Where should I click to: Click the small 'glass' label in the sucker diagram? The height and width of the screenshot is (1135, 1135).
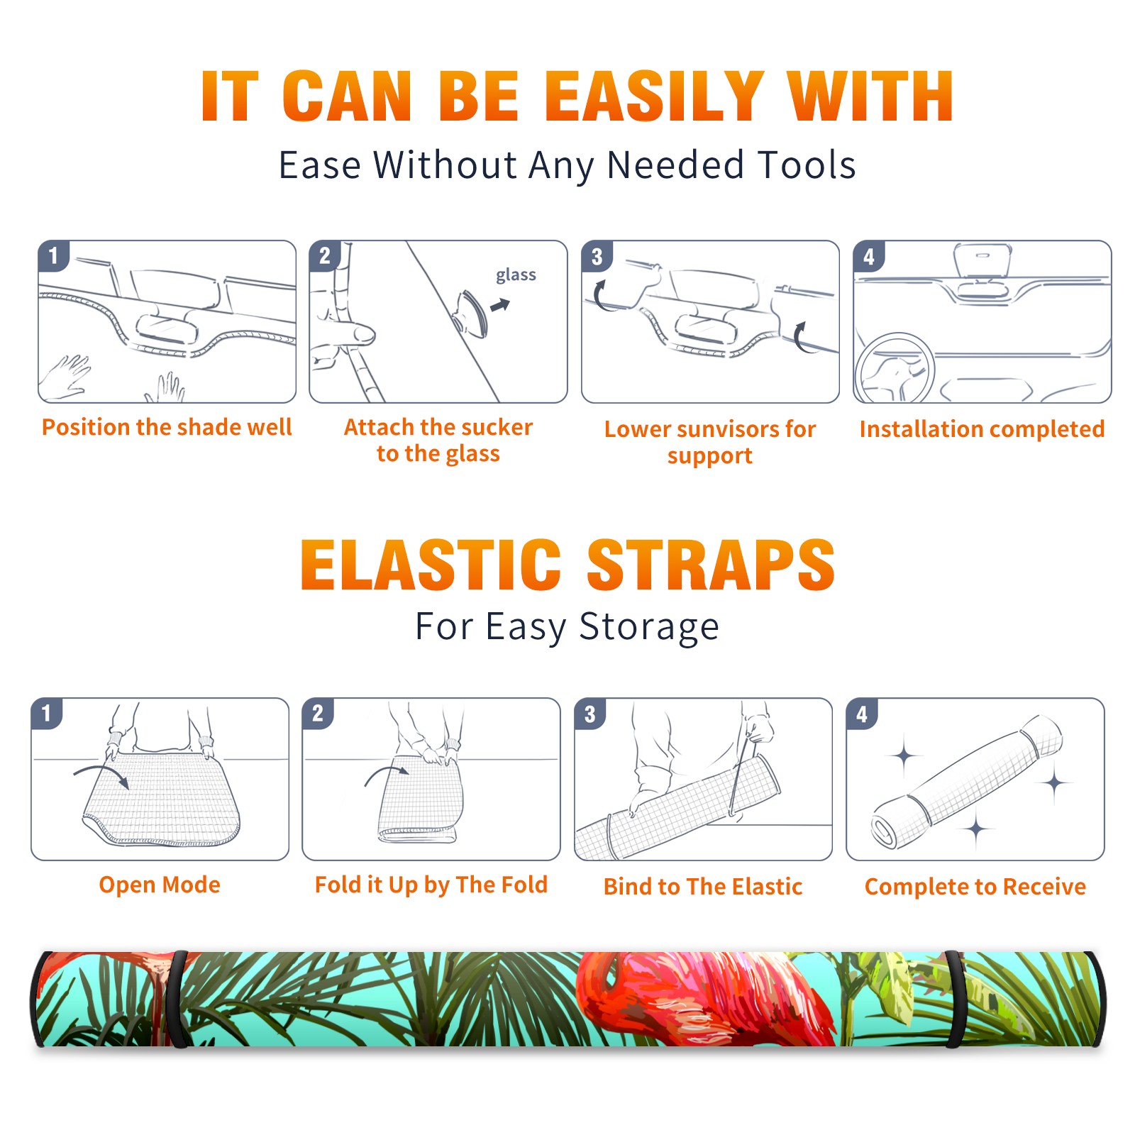pos(516,275)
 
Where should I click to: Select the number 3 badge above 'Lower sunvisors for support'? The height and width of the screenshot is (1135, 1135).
pos(597,256)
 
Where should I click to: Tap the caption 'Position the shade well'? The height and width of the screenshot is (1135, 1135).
pos(167,427)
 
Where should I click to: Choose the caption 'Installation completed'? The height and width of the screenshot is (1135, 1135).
pos(982,428)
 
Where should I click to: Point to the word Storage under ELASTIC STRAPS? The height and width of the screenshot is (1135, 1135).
pos(649,627)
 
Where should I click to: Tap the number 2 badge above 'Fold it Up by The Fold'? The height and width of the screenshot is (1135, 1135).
pos(318,714)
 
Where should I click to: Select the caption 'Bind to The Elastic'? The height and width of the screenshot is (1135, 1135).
pos(702,886)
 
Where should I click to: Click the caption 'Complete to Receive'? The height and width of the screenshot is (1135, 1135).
pos(975,886)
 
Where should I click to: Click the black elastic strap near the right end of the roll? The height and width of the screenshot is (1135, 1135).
pos(954,999)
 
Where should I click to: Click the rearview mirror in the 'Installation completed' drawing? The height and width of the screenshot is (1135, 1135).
pos(982,260)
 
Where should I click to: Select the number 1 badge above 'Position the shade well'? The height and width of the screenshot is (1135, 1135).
pos(53,255)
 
